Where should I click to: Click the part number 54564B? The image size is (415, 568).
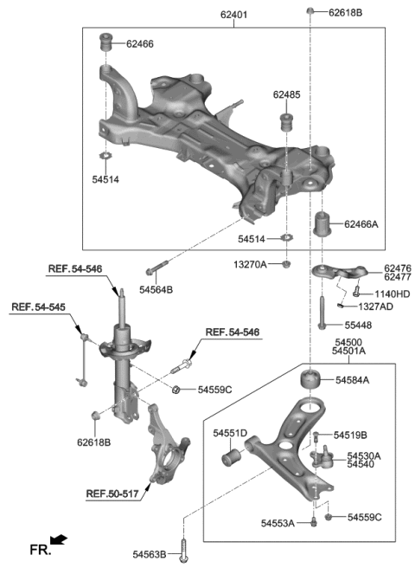(x=156, y=288)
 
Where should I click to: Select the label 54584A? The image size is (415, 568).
(x=352, y=380)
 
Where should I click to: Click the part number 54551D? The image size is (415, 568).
(x=230, y=432)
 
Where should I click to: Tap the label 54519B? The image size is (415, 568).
(x=350, y=435)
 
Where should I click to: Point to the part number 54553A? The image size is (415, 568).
(x=278, y=522)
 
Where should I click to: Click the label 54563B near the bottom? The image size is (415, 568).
(x=150, y=554)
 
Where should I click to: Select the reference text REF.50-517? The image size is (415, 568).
(x=112, y=495)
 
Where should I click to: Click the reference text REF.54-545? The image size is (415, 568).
(x=37, y=307)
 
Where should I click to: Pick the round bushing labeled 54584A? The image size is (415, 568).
(x=310, y=380)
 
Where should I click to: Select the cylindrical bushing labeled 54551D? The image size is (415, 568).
(x=232, y=455)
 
